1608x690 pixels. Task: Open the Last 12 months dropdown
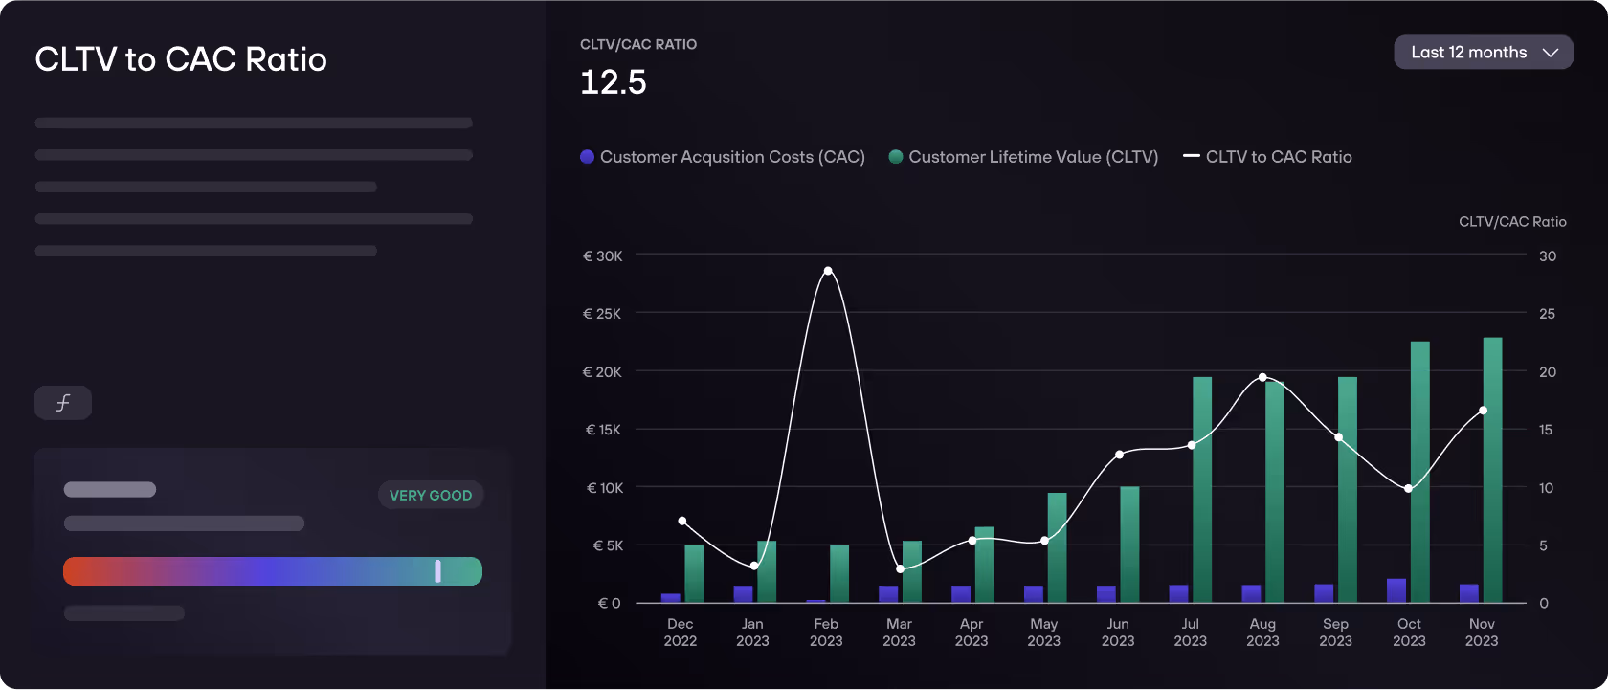tap(1483, 53)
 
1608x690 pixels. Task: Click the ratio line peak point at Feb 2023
tap(828, 271)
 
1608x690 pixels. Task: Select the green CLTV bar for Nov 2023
tap(1492, 469)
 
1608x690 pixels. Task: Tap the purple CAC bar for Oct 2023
tap(1396, 590)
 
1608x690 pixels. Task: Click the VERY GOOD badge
tap(431, 495)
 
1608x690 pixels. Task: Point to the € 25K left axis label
tap(602, 314)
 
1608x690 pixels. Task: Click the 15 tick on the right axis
tap(1546, 430)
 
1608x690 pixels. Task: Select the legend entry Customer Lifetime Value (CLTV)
tap(1023, 157)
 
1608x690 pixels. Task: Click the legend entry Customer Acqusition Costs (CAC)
tap(723, 157)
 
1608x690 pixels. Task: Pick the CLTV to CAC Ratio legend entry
tap(1268, 157)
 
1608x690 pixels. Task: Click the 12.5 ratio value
tap(614, 82)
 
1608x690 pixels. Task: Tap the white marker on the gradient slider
tap(437, 571)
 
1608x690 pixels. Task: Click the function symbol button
tap(63, 403)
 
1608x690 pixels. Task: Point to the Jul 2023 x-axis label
tap(1190, 632)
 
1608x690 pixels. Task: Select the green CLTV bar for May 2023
tap(1057, 547)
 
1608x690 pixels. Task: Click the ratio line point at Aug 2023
tap(1262, 377)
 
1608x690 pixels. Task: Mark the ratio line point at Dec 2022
tap(682, 521)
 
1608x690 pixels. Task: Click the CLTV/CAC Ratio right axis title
tap(1512, 222)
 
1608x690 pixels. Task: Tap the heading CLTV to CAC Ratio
tap(181, 59)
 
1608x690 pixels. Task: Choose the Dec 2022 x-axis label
tap(681, 632)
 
